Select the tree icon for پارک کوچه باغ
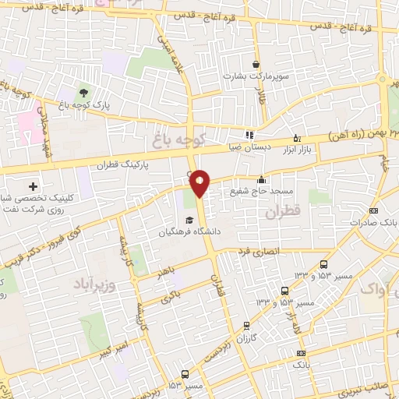pyautogui.click(x=83, y=94)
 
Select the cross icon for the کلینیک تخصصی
pyautogui.click(x=33, y=186)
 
